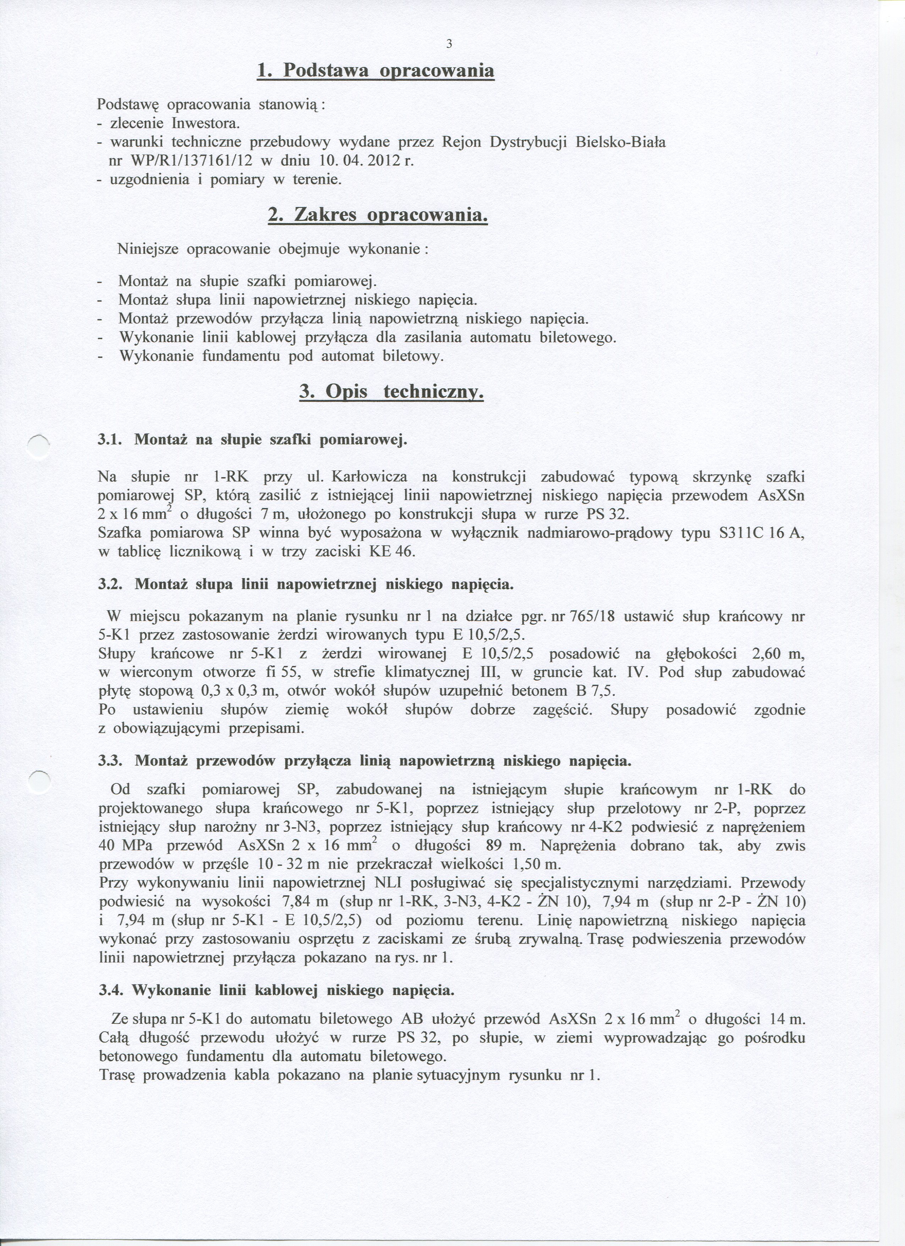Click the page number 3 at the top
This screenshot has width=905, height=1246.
(x=449, y=45)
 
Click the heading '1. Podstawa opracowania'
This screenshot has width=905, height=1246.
(x=375, y=71)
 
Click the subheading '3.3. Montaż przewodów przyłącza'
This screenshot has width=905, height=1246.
(x=364, y=761)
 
